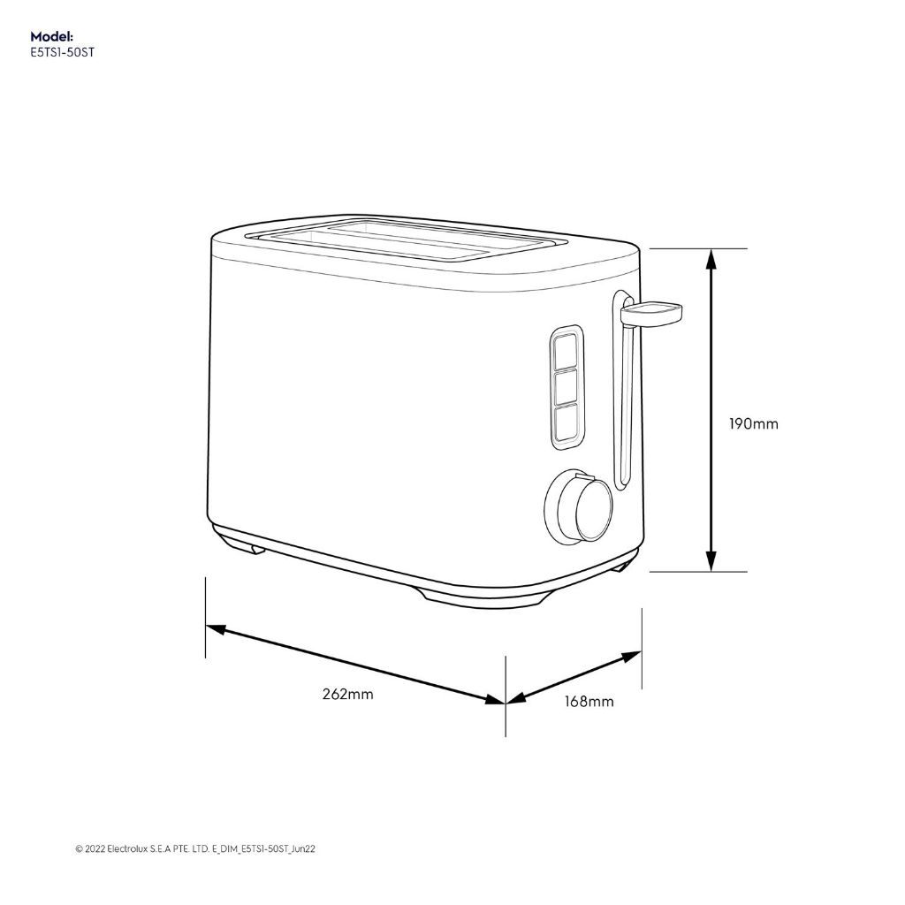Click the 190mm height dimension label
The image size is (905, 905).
pyautogui.click(x=753, y=424)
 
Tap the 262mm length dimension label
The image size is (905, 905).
pyautogui.click(x=347, y=694)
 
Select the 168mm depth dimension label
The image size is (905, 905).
pyautogui.click(x=589, y=702)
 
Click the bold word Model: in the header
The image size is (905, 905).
pyautogui.click(x=52, y=36)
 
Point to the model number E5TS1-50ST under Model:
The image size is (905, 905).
pyautogui.click(x=62, y=51)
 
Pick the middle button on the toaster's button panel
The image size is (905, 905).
pyautogui.click(x=566, y=386)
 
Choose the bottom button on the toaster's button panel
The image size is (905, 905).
pyautogui.click(x=566, y=421)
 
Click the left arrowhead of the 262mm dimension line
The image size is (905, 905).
pyautogui.click(x=215, y=628)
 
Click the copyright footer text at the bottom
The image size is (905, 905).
pyautogui.click(x=195, y=849)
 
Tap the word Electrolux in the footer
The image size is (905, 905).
pyautogui.click(x=129, y=849)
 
